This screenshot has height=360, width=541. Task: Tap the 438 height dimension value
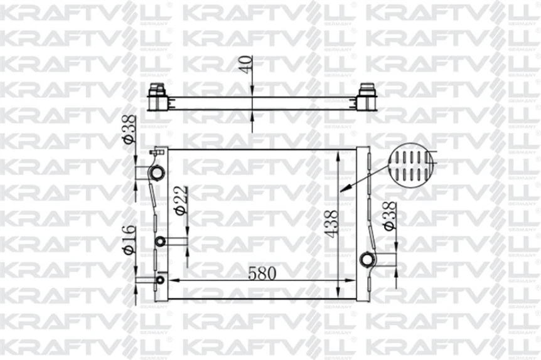click(x=332, y=224)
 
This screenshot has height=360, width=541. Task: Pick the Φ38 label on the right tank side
click(x=390, y=216)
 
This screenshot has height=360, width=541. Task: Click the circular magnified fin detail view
click(x=411, y=166)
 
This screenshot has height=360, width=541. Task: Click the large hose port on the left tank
click(x=157, y=172)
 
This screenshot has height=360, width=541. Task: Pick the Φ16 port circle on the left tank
click(x=160, y=280)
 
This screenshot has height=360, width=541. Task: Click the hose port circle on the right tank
click(x=367, y=259)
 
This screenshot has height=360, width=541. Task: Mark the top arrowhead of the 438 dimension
click(x=340, y=154)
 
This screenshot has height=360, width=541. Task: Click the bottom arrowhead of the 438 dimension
click(x=340, y=293)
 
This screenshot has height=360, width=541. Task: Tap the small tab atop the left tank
click(x=156, y=151)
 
